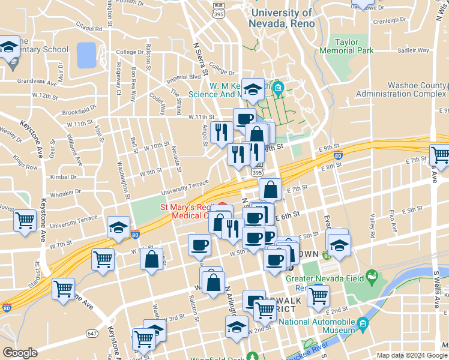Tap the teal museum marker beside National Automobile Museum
[x=363, y=325]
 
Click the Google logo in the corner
[x=20, y=353]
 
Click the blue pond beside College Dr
[x=86, y=55]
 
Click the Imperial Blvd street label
[x=183, y=77]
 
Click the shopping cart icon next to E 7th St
[x=440, y=154]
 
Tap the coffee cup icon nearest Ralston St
[x=199, y=244]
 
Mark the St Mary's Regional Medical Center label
[x=186, y=211]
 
